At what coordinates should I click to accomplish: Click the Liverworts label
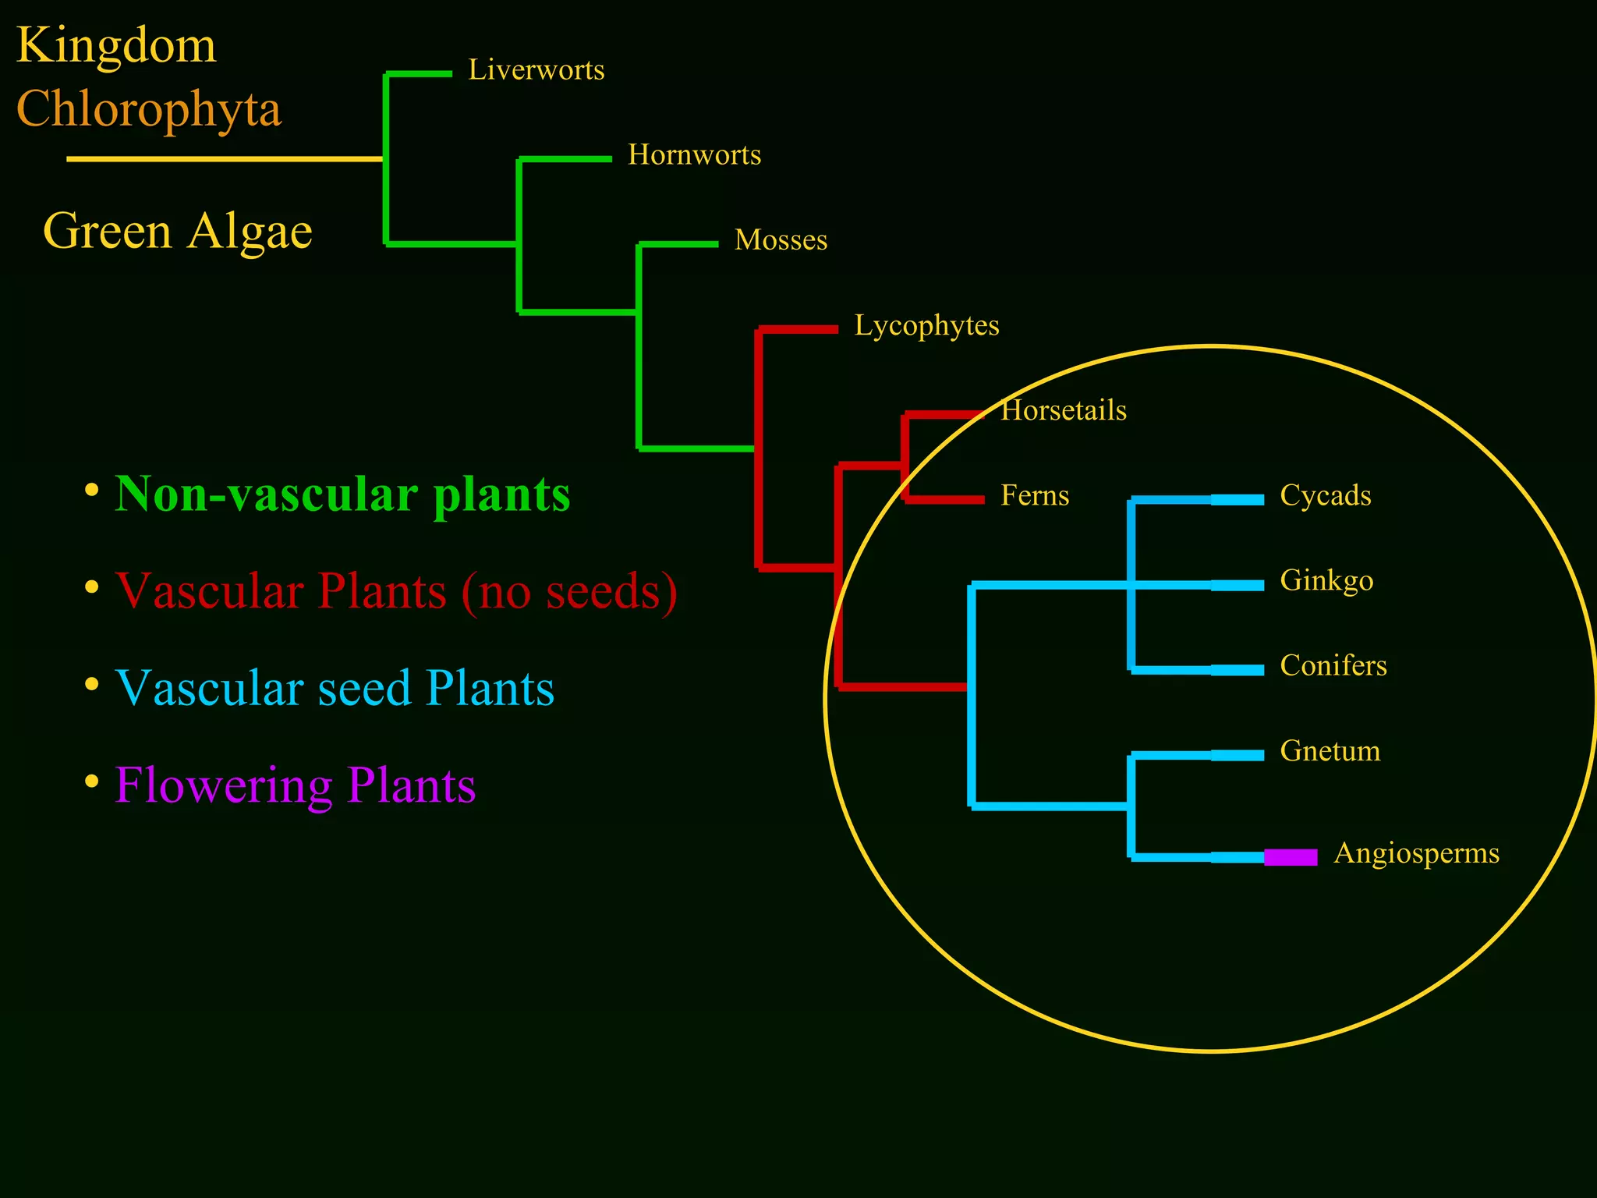click(536, 70)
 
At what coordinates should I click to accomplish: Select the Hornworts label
click(694, 155)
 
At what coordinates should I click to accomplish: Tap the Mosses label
click(781, 240)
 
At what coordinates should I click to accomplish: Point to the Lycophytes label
click(926, 325)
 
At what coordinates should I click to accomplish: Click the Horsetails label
click(1064, 410)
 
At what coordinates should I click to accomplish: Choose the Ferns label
click(1035, 495)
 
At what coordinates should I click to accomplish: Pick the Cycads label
click(1326, 495)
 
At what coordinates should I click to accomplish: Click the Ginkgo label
click(1326, 581)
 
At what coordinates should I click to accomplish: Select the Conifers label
click(1333, 665)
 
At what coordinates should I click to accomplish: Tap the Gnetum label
click(1330, 751)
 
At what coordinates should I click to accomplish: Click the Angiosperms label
click(1416, 852)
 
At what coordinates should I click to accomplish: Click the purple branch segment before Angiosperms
click(1291, 857)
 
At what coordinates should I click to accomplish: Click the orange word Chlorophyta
click(148, 109)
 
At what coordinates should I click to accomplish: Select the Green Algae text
click(178, 232)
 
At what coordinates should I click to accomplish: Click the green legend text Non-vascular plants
click(342, 494)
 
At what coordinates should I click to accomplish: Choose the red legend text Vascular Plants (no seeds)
click(396, 591)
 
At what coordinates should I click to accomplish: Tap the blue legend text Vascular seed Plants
click(335, 688)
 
